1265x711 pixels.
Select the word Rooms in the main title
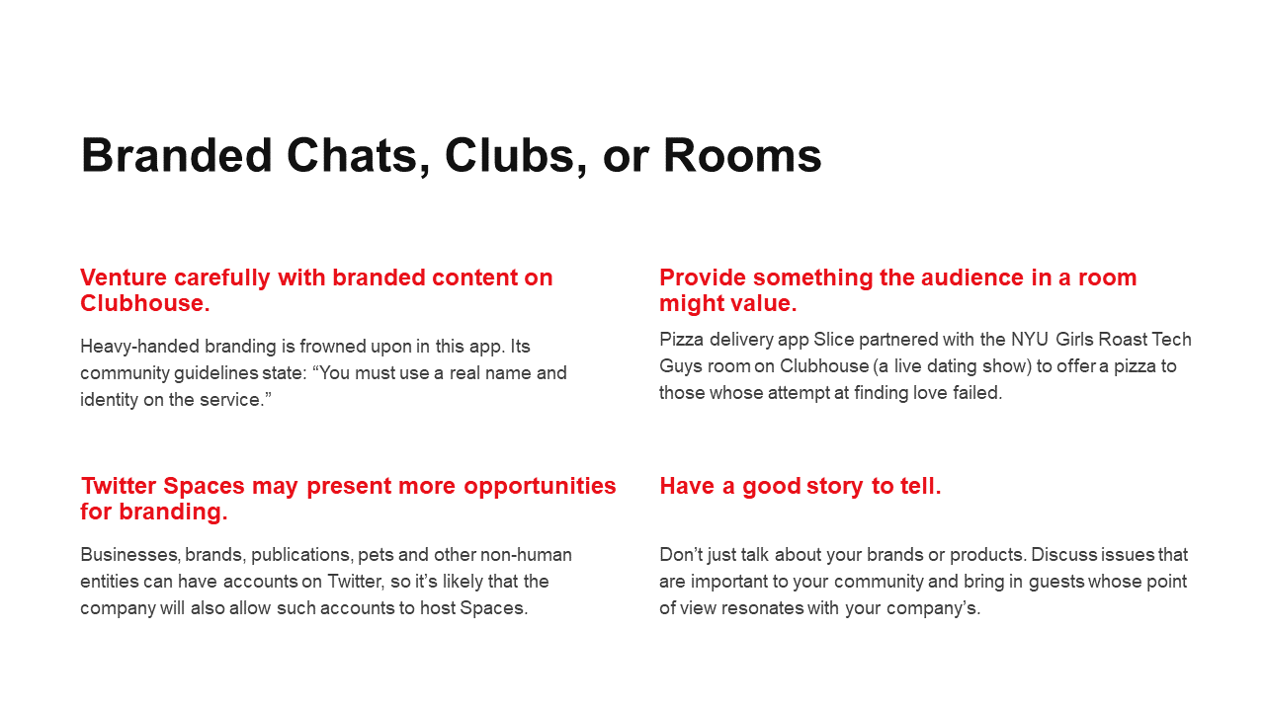(742, 156)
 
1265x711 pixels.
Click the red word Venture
(124, 277)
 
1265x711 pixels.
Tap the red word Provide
(703, 277)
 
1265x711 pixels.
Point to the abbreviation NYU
(1030, 340)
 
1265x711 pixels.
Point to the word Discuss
(1062, 555)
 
